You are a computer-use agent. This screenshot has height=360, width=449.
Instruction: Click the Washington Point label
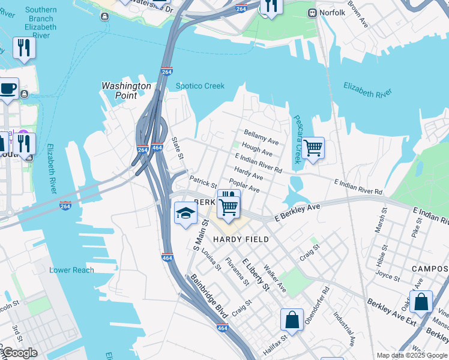126,91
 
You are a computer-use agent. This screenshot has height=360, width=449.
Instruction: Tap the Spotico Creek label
200,86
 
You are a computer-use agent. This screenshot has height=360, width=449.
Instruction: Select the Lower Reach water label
71,270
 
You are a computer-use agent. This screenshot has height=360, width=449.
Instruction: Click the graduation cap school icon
185,212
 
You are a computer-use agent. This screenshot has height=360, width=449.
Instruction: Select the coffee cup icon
8,89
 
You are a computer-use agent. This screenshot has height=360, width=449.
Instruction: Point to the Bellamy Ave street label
261,137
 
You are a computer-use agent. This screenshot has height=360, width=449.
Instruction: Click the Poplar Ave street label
244,185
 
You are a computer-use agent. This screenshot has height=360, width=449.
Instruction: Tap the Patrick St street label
203,181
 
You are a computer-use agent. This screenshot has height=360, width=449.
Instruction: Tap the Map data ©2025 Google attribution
412,355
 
